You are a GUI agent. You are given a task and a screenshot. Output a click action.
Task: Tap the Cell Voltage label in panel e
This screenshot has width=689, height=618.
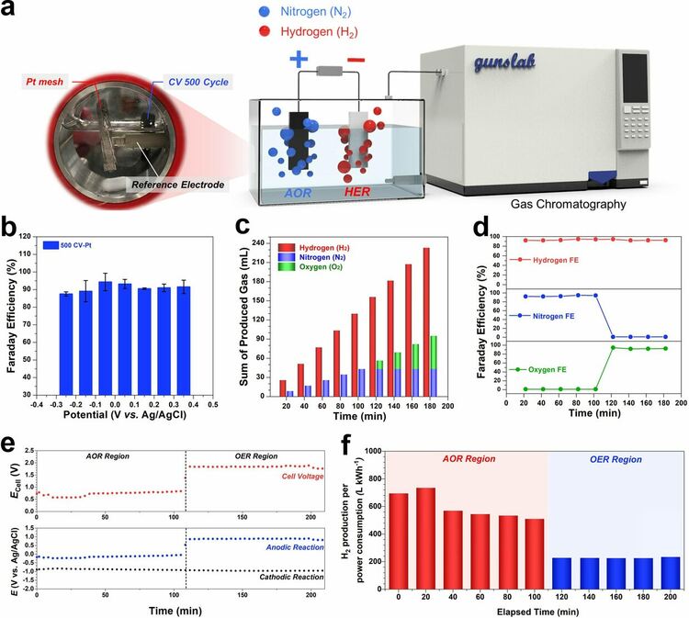(x=312, y=478)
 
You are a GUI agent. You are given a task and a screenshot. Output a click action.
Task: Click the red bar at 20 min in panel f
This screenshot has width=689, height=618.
(x=425, y=540)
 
